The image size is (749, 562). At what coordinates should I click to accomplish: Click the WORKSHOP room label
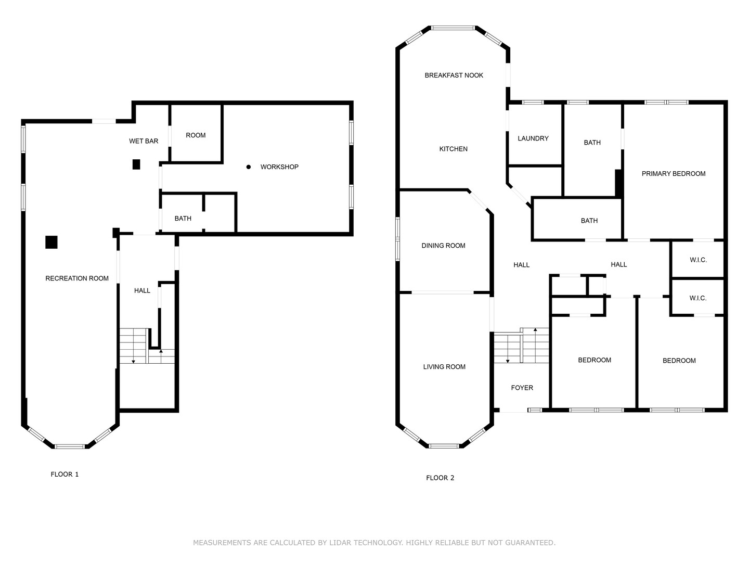pyautogui.click(x=279, y=167)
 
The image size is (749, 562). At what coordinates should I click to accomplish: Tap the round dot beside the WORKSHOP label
pyautogui.click(x=249, y=167)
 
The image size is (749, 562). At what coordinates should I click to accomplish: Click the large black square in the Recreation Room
pyautogui.click(x=51, y=242)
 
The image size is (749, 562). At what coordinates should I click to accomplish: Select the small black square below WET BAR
pyautogui.click(x=136, y=164)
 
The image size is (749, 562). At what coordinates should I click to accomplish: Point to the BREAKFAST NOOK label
pyautogui.click(x=454, y=75)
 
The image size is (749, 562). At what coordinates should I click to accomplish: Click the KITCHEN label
pyautogui.click(x=453, y=149)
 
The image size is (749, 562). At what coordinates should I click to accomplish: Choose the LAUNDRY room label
pyautogui.click(x=533, y=138)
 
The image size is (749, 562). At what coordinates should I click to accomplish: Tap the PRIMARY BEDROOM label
pyautogui.click(x=673, y=174)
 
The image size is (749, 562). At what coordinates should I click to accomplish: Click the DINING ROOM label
pyautogui.click(x=443, y=246)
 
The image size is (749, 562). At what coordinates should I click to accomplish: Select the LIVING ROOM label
pyautogui.click(x=444, y=367)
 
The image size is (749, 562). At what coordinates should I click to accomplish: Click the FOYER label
pyautogui.click(x=522, y=388)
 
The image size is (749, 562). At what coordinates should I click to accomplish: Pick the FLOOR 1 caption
pyautogui.click(x=64, y=474)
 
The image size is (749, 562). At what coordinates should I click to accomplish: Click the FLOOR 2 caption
pyautogui.click(x=440, y=478)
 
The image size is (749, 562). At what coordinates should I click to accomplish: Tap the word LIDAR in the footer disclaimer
pyautogui.click(x=341, y=543)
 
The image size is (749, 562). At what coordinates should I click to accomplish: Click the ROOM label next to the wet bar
pyautogui.click(x=196, y=135)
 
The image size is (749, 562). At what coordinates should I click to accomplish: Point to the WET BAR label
pyautogui.click(x=144, y=141)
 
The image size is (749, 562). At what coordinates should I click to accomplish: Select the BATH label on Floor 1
pyautogui.click(x=183, y=219)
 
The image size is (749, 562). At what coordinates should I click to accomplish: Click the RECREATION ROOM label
pyautogui.click(x=77, y=278)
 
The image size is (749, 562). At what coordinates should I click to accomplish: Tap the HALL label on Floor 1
pyautogui.click(x=142, y=291)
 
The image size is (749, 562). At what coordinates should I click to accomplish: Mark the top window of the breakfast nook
pyautogui.click(x=453, y=28)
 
